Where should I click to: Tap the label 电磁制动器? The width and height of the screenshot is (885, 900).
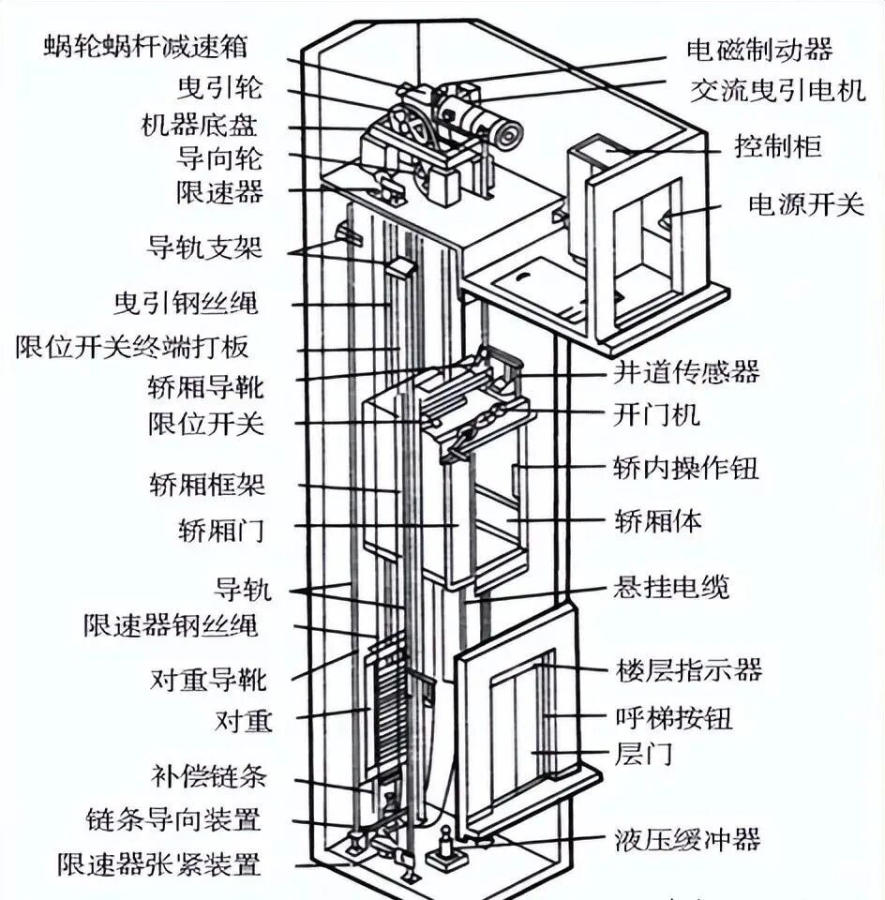pos(760,49)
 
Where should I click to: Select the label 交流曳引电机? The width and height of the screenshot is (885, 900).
pos(778,91)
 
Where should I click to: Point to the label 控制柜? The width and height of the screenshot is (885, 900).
pos(777,147)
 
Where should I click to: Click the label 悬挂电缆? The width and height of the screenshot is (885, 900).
pos(671,587)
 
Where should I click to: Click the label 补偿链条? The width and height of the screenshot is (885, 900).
pos(209,776)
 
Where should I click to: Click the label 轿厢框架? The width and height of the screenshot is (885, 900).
pos(207,485)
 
